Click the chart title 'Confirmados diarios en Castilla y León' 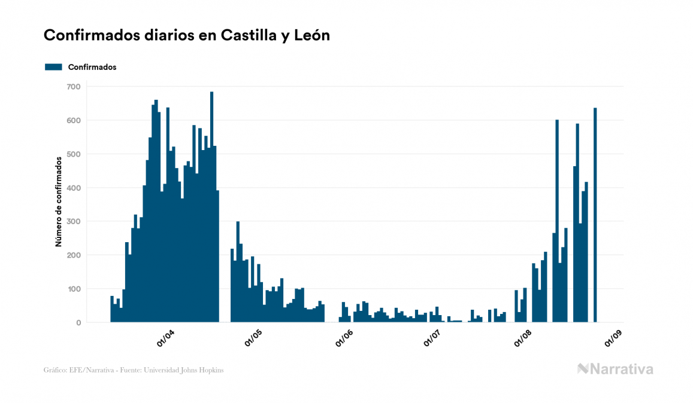[187, 36]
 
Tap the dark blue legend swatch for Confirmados [53, 67]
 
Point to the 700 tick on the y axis [73, 87]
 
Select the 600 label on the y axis [73, 120]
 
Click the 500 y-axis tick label [73, 154]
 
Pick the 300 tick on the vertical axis [73, 222]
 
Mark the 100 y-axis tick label [73, 289]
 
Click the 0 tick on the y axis [78, 323]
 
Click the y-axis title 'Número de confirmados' [59, 202]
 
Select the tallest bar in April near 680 [212, 207]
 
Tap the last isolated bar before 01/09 [595, 215]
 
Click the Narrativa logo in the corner [615, 369]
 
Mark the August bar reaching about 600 [557, 221]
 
